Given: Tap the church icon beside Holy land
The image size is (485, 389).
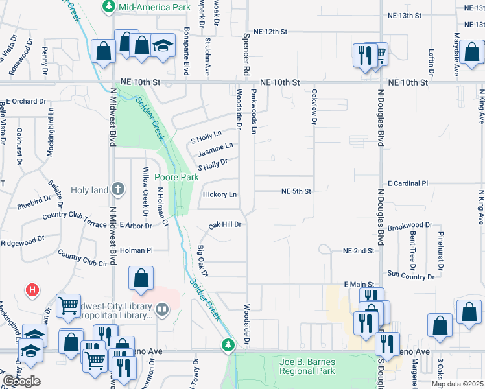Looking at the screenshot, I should click(117, 189).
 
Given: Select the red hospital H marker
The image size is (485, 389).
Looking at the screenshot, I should click(32, 289).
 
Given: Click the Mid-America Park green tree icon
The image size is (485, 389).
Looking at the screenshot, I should click(108, 6).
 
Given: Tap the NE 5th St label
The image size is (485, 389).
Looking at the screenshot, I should click(296, 191).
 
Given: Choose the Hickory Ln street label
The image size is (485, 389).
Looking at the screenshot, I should click(219, 194).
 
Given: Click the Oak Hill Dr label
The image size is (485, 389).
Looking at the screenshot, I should click(225, 225).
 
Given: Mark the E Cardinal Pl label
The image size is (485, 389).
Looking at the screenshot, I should click(408, 183).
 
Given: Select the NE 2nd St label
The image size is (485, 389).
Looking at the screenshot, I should click(359, 250).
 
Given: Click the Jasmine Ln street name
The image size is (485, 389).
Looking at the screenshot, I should click(215, 150).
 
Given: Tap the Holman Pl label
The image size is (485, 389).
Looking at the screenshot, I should click(136, 250).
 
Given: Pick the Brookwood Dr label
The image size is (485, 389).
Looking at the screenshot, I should click(409, 225).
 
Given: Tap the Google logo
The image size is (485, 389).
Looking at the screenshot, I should click(21, 381).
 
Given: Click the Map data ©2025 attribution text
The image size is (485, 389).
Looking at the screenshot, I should click(456, 384).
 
